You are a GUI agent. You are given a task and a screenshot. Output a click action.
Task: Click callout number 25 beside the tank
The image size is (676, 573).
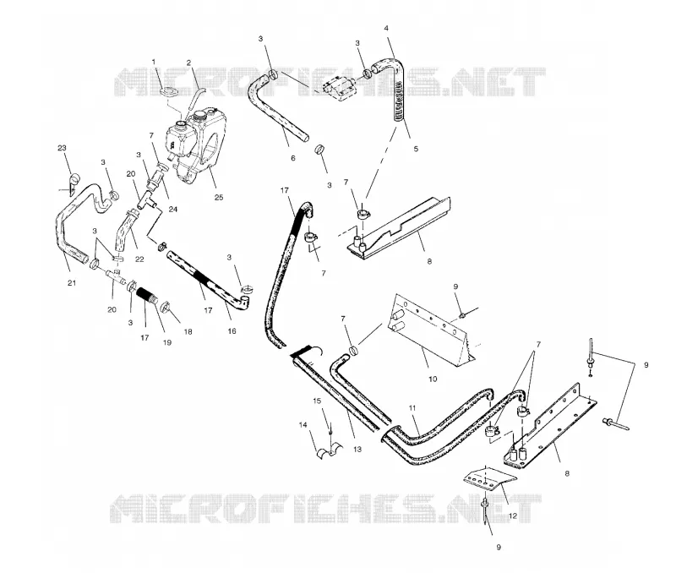click(219, 198)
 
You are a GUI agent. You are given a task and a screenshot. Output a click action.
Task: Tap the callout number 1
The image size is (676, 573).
click(154, 62)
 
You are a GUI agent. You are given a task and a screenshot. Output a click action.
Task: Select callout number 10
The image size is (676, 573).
click(433, 379)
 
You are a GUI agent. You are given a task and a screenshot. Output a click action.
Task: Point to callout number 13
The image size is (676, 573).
click(357, 450)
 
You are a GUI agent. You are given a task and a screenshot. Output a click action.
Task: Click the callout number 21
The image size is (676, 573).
click(72, 283)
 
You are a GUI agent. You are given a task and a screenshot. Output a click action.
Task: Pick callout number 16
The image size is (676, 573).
click(232, 331)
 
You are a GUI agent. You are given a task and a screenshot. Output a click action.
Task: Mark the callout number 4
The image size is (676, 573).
click(386, 29)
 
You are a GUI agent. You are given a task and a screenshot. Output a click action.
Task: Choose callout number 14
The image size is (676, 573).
click(303, 425)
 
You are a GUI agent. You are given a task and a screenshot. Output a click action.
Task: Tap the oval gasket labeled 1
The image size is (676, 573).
click(167, 92)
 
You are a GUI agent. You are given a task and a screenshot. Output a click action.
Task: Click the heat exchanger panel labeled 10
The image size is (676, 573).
click(431, 330)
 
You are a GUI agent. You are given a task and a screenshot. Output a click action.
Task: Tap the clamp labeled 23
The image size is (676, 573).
click(74, 181)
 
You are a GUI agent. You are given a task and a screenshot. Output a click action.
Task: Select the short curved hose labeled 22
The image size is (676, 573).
click(123, 231)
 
